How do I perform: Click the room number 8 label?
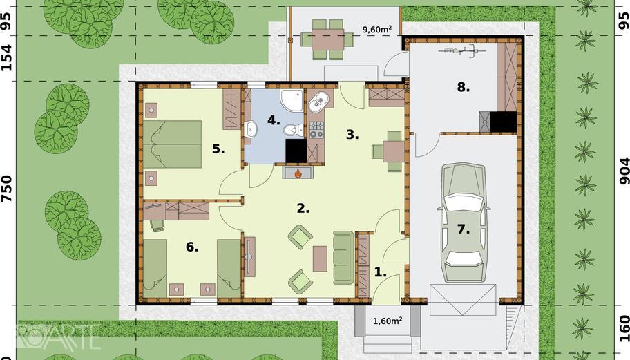click(x=463, y=87)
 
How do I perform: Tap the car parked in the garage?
click(x=464, y=223)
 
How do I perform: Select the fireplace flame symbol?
click(x=298, y=173)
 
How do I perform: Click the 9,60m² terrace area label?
click(x=377, y=29)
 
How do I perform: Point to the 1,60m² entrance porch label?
click(x=388, y=321)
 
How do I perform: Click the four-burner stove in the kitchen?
click(x=316, y=130)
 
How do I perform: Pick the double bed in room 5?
click(x=173, y=144)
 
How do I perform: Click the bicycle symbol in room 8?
click(x=462, y=51)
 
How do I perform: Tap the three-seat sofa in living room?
click(x=343, y=258)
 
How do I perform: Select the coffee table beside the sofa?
click(x=320, y=258)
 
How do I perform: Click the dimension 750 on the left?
click(x=8, y=188)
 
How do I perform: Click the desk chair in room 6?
click(x=156, y=225)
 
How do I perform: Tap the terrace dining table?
click(x=328, y=39)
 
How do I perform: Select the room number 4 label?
click(x=274, y=120)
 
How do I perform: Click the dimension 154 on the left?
click(x=8, y=58)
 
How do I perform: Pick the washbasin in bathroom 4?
click(x=252, y=129)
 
